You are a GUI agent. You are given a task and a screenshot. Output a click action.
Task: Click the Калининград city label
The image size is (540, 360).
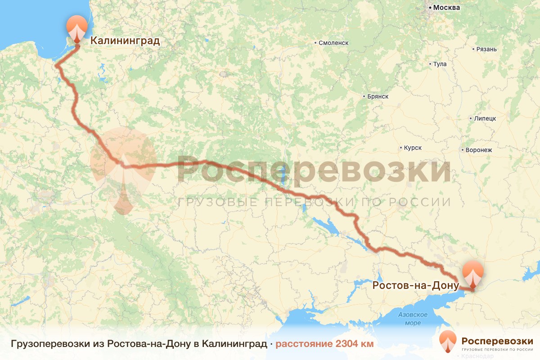pyautogui.click(x=125, y=41)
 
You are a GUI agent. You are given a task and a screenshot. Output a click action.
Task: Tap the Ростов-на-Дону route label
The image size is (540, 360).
pyautogui.click(x=415, y=285)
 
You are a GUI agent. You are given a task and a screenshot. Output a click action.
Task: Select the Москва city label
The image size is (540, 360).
pyautogui.click(x=446, y=8)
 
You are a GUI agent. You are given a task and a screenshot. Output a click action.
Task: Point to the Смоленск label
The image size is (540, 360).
pyautogui.click(x=333, y=43)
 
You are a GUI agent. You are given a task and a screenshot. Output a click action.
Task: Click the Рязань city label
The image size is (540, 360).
pyautogui.click(x=487, y=49)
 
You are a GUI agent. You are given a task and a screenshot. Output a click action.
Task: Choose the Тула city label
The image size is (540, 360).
pyautogui.click(x=440, y=64)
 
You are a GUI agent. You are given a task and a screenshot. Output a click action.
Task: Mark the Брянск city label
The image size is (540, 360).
pyautogui.click(x=378, y=96)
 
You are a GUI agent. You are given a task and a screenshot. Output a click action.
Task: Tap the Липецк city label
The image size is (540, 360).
pyautogui.click(x=485, y=118)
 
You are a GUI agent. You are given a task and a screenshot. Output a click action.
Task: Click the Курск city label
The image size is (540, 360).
pyautogui.click(x=413, y=148)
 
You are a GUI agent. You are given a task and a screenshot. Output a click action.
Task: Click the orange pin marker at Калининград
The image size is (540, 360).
pyautogui.click(x=77, y=28)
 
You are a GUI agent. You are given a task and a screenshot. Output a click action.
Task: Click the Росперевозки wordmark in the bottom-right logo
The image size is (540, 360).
pyautogui.click(x=497, y=340)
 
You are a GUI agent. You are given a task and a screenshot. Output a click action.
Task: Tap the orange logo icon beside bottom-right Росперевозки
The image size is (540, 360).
pyautogui.click(x=448, y=342)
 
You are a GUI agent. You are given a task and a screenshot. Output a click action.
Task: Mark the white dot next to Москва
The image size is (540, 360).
pyautogui.click(x=430, y=8)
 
